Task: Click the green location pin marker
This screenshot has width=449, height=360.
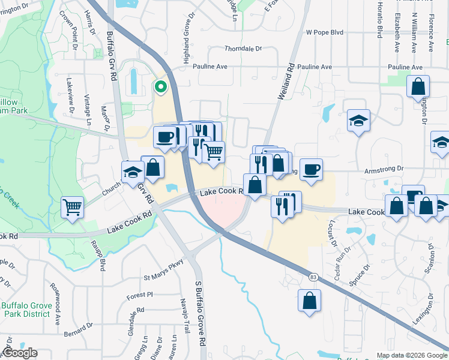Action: pyautogui.click(x=160, y=88)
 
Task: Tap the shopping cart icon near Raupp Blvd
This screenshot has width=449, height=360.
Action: pyautogui.click(x=72, y=208)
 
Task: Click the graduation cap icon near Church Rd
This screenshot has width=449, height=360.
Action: pyautogui.click(x=132, y=172)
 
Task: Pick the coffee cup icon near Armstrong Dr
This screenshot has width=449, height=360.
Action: pyautogui.click(x=311, y=170)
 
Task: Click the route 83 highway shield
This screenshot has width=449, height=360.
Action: pyautogui.click(x=313, y=277)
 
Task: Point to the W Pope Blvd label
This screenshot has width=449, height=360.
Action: pyautogui.click(x=326, y=32)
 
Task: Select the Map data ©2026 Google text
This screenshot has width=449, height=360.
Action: pyautogui.click(x=411, y=355)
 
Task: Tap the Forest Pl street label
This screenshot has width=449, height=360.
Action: pyautogui.click(x=140, y=295)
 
